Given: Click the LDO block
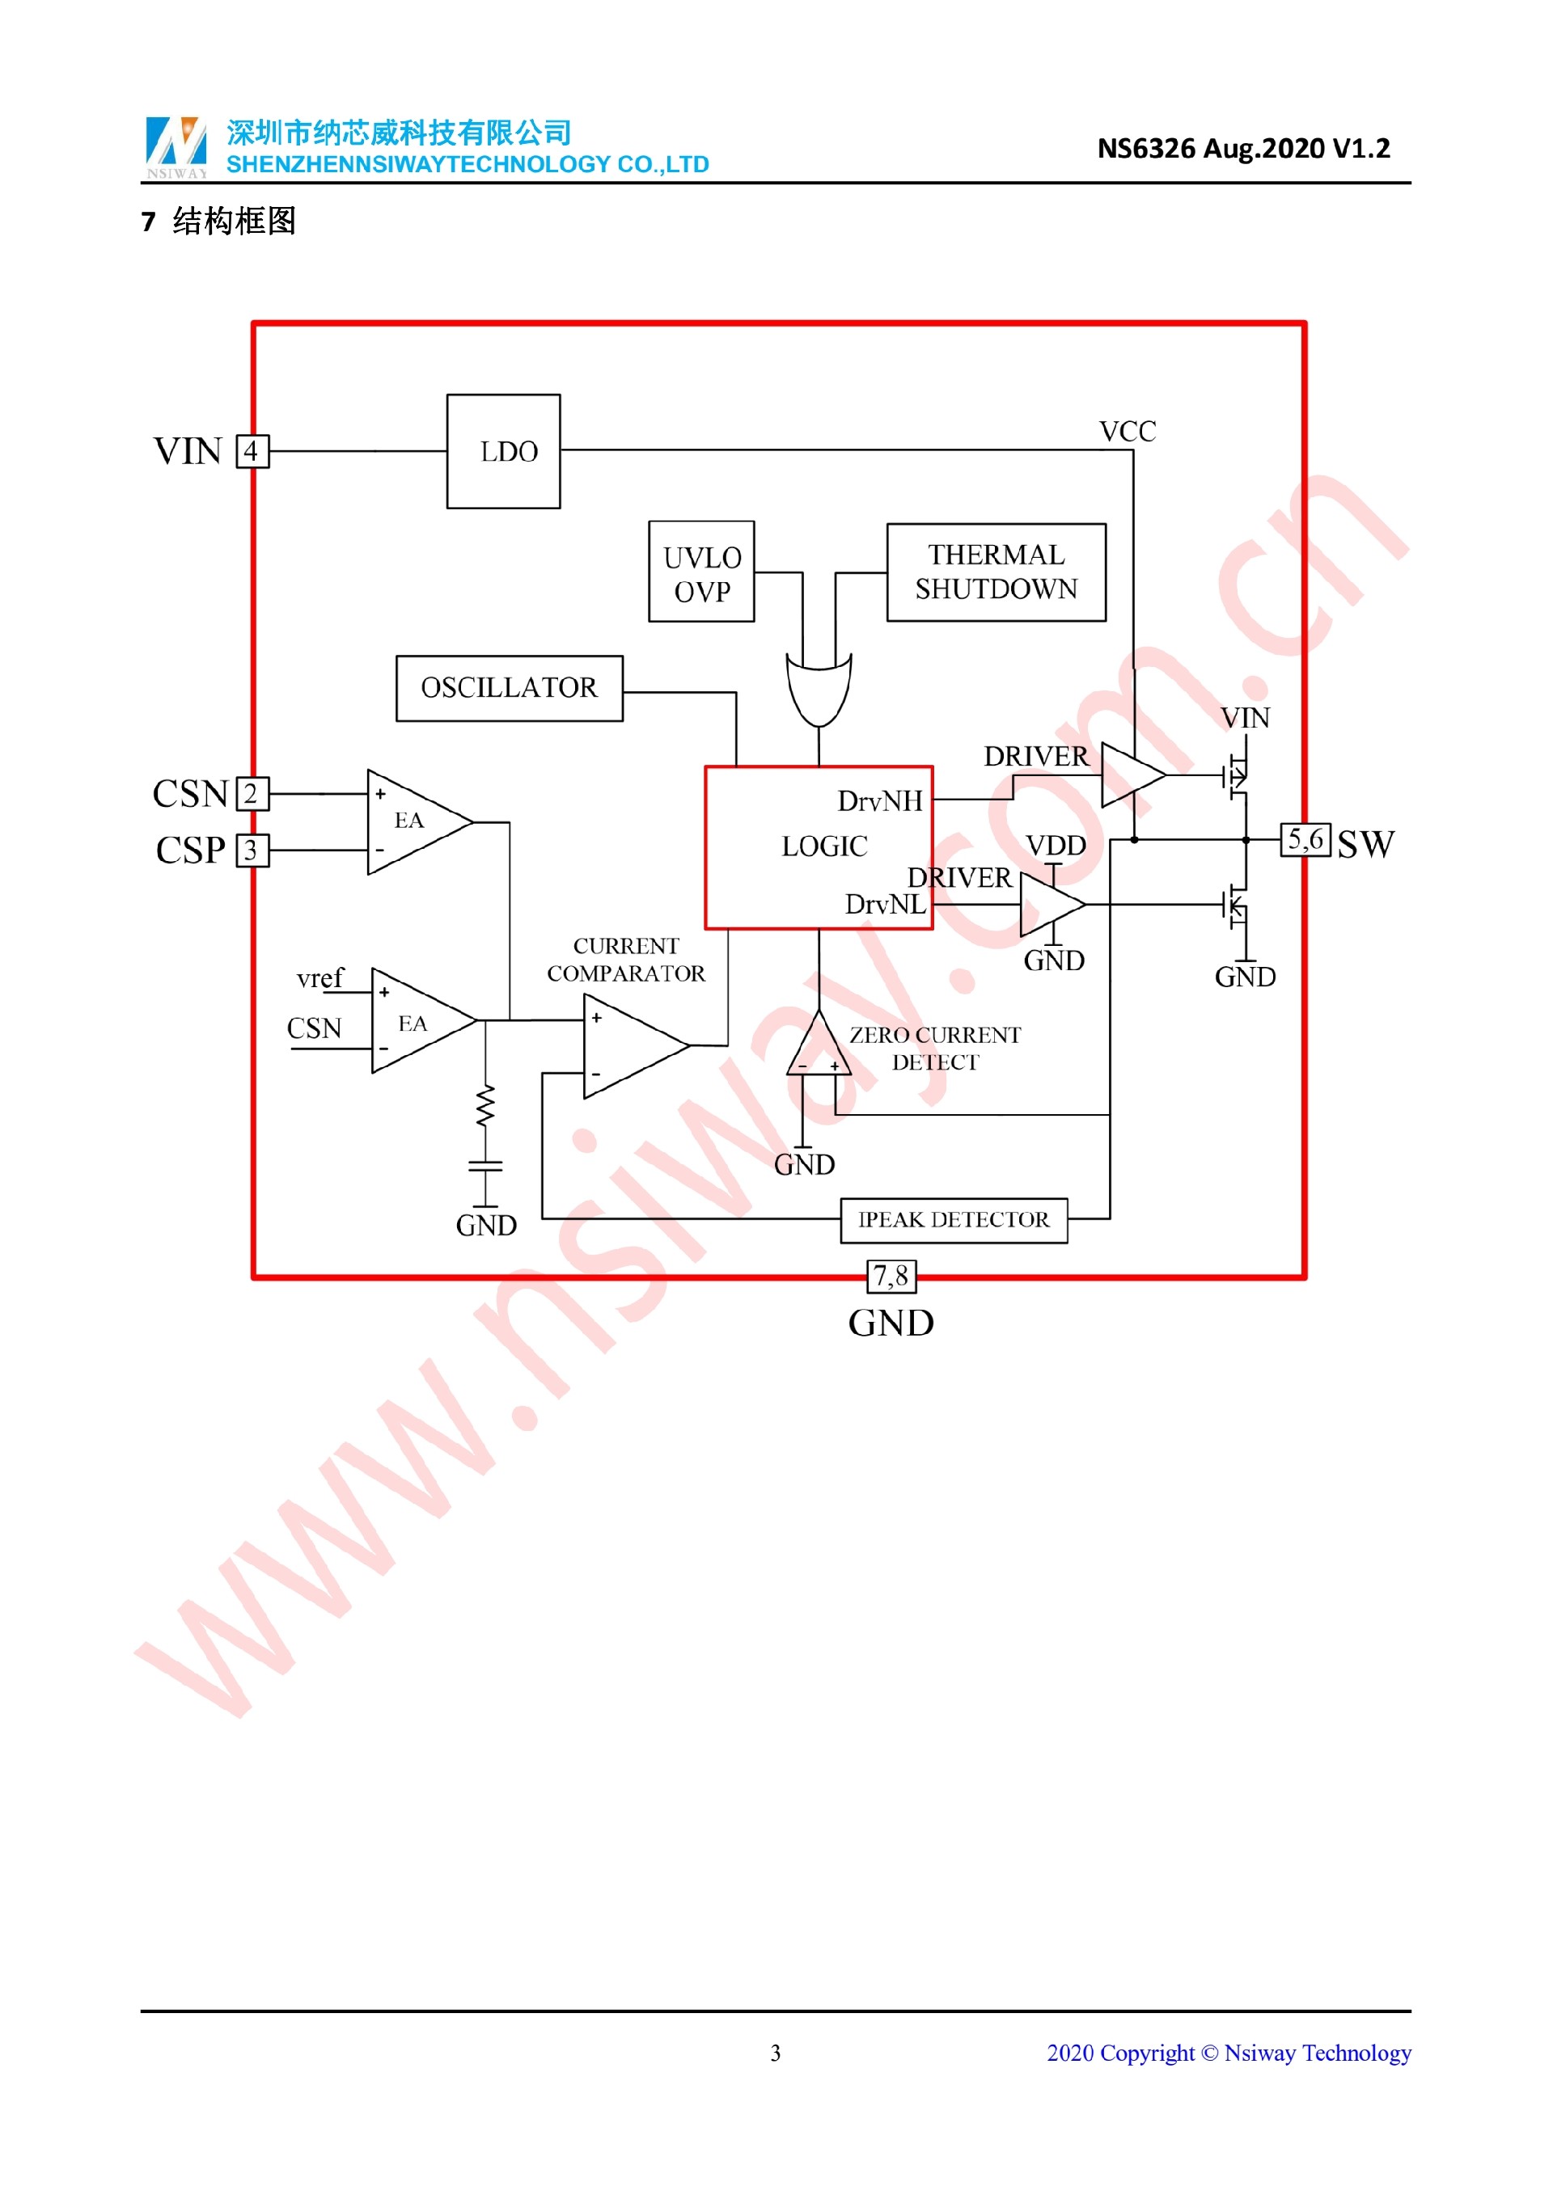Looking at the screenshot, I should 503,451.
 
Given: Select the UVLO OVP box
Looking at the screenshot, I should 701,572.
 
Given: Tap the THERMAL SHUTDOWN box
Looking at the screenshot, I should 996,572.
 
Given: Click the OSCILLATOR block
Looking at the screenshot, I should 509,687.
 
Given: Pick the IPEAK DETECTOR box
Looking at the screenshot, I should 953,1220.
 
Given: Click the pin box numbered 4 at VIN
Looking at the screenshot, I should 252,451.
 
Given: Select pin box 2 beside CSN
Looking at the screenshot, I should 252,793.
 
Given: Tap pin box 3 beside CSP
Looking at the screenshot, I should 252,850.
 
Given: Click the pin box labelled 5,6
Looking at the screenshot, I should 1305,839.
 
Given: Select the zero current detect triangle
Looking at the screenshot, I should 819,1047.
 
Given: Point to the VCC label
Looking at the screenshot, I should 1128,431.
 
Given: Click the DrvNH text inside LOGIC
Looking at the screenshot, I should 880,801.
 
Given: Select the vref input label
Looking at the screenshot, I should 319,978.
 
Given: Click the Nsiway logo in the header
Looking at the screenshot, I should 176,146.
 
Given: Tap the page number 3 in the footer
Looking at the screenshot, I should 776,2053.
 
